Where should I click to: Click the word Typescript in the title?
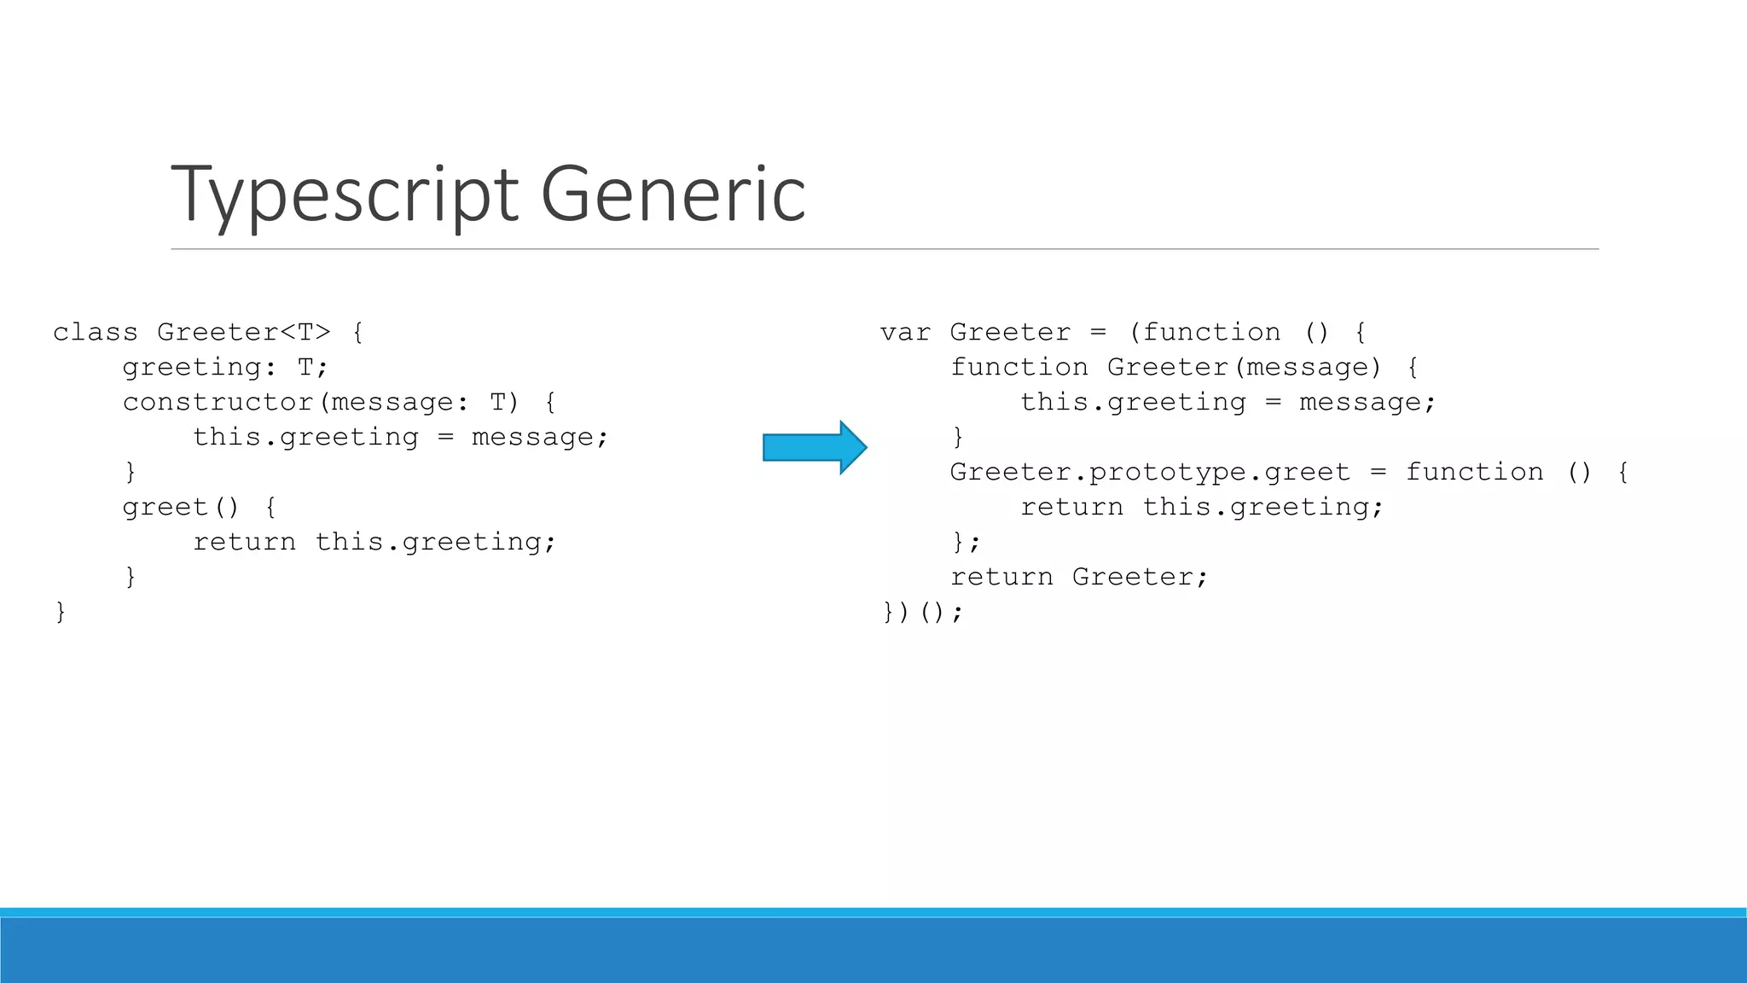[x=345, y=195]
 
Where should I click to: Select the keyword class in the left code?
[x=96, y=332]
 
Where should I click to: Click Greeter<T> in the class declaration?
[x=244, y=332]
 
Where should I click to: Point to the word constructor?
[x=218, y=402]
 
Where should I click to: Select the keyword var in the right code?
[x=905, y=332]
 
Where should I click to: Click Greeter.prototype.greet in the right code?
[x=1150, y=472]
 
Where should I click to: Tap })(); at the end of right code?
[x=922, y=612]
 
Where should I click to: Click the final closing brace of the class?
[x=61, y=612]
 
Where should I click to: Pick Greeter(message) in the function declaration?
[x=1244, y=367]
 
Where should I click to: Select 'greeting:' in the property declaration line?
[x=200, y=367]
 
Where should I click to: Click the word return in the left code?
[x=245, y=542]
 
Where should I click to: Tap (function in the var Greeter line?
[x=1204, y=332]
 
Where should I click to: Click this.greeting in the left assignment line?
[x=305, y=437]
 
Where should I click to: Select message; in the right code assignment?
[x=1367, y=402]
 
